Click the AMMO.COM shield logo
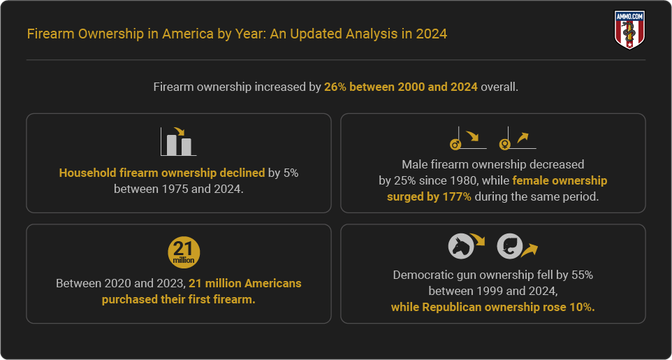click(629, 29)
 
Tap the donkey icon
click(461, 246)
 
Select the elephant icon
click(509, 246)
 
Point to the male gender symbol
click(455, 145)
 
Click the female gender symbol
click(504, 145)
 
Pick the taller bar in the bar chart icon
click(171, 145)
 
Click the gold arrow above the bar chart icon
click(179, 131)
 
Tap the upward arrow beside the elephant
click(529, 250)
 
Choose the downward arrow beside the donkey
click(477, 239)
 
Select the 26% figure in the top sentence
click(337, 87)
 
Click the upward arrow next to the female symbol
click(523, 137)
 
